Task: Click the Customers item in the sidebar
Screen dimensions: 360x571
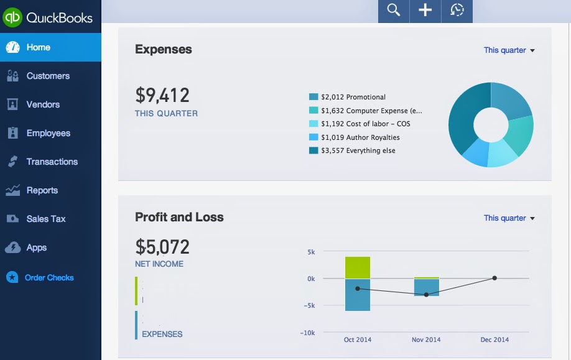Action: (47, 76)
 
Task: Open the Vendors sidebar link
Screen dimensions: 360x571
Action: (42, 104)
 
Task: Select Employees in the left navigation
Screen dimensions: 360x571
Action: (48, 133)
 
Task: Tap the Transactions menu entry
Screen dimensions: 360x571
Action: (52, 162)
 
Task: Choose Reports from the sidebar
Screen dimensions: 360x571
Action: (42, 190)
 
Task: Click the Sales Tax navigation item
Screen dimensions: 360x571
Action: (45, 219)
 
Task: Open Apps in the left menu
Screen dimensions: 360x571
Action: (36, 247)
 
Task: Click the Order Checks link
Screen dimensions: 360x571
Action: (49, 278)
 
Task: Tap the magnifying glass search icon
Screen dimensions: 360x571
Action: (393, 10)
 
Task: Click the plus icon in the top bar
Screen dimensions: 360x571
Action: (425, 10)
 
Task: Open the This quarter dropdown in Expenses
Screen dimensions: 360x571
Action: (509, 50)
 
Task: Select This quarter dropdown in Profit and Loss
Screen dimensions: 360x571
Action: (509, 218)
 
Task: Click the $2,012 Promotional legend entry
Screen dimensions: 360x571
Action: (353, 97)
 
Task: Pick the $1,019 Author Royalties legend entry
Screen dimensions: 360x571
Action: (360, 137)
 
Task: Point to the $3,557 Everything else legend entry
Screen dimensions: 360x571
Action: (358, 150)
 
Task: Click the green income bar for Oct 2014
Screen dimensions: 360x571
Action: (358, 267)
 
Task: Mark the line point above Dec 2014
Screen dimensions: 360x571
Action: (494, 278)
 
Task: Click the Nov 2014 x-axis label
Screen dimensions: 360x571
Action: (426, 339)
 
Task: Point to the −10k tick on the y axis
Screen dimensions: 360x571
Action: (307, 333)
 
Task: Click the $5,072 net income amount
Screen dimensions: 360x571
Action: (162, 247)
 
